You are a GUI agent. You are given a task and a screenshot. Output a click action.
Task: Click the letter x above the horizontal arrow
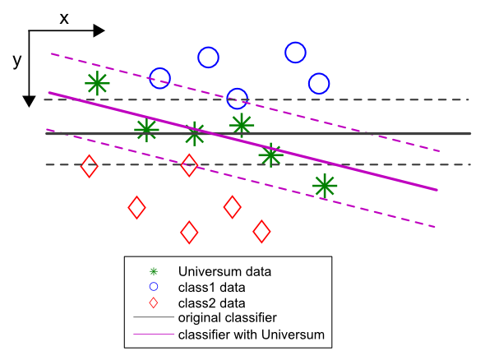[x=64, y=19]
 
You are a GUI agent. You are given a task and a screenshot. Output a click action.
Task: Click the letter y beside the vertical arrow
[x=17, y=61]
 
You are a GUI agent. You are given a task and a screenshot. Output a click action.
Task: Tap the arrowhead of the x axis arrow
[x=99, y=30]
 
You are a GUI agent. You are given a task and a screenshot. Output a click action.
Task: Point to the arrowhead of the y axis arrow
[x=29, y=101]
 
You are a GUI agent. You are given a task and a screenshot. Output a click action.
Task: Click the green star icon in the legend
[x=154, y=271]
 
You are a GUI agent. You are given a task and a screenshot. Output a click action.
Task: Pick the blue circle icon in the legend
[x=154, y=287]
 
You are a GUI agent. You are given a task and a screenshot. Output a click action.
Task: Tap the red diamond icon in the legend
[x=154, y=302]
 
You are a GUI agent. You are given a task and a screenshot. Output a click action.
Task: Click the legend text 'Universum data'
[x=225, y=271]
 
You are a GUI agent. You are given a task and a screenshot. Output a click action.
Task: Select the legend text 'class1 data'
[x=212, y=288]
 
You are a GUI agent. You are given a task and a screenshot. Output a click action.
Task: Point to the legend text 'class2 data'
[x=212, y=303]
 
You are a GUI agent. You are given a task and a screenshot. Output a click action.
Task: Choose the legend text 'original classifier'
[x=228, y=317]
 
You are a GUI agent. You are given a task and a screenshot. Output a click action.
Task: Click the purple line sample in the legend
[x=154, y=334]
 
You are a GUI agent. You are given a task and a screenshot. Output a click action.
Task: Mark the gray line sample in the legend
[x=154, y=317]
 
